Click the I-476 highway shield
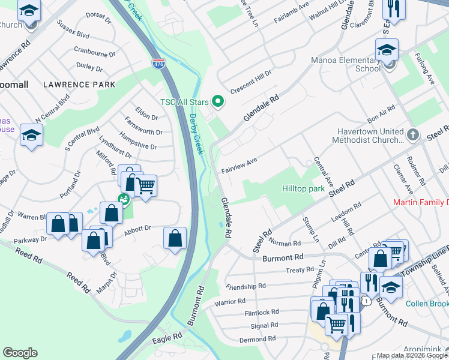pyautogui.click(x=158, y=63)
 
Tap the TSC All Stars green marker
pyautogui.click(x=218, y=102)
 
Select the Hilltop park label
pyautogui.click(x=303, y=188)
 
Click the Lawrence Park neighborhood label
pyautogui.click(x=79, y=85)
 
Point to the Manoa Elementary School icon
pyautogui.click(x=387, y=50)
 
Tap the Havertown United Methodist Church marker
pyautogui.click(x=413, y=135)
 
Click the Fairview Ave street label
pyautogui.click(x=239, y=161)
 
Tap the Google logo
pyautogui.click(x=20, y=352)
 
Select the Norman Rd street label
pyautogui.click(x=285, y=243)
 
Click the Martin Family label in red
pyautogui.click(x=420, y=202)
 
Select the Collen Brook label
pyautogui.click(x=427, y=304)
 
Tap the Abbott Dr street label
pyautogui.click(x=137, y=229)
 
